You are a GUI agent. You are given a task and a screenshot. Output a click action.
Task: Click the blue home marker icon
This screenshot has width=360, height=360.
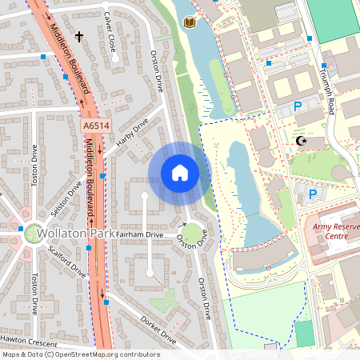(179, 172)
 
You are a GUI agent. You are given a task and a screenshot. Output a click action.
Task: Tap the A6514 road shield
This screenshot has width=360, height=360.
(94, 126)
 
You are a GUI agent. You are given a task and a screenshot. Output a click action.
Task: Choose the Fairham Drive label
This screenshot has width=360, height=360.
(140, 234)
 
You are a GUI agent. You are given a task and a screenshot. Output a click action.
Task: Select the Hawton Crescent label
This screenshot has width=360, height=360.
(26, 339)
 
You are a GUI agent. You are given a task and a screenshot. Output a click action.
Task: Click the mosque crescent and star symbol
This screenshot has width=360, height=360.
(302, 142)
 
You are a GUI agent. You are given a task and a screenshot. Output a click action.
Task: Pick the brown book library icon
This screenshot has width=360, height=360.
(189, 22)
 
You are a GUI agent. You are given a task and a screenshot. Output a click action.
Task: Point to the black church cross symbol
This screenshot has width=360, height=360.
(79, 36)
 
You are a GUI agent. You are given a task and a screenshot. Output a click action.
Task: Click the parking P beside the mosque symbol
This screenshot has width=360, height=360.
(298, 106)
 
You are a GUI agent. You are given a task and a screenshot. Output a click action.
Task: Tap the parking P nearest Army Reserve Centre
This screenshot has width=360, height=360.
(312, 194)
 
